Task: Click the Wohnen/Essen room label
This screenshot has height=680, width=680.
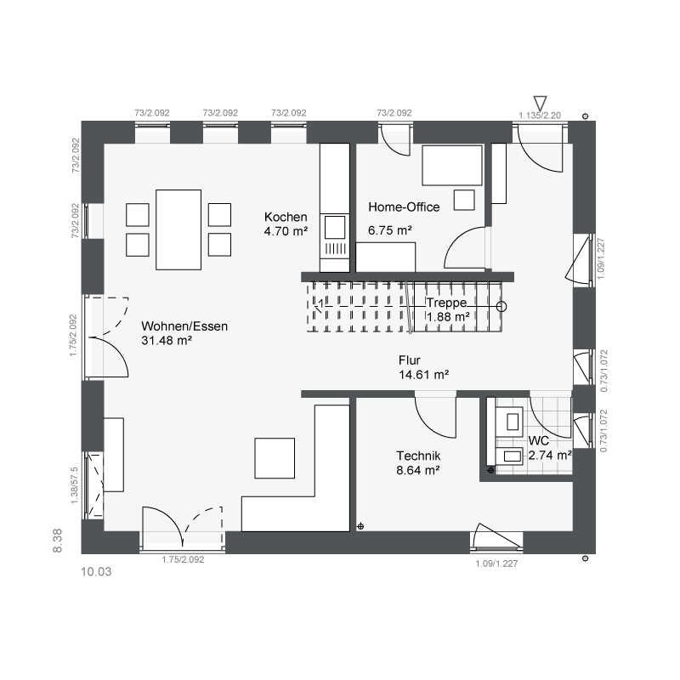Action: (x=184, y=326)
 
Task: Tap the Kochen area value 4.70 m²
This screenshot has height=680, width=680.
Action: (x=286, y=231)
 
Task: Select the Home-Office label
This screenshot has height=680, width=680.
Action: (x=404, y=207)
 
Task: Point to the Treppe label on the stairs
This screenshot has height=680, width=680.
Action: (x=446, y=303)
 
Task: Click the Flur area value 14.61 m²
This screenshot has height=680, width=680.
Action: (x=423, y=375)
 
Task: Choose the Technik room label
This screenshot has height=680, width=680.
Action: (x=418, y=456)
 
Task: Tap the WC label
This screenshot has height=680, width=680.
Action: (x=539, y=440)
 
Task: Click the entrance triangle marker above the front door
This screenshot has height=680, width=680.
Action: (x=540, y=103)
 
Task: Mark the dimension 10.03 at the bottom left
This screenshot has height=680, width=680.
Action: (x=96, y=571)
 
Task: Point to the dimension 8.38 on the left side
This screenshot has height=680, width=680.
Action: (x=57, y=541)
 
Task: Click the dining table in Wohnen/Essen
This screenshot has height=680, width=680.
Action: (x=178, y=229)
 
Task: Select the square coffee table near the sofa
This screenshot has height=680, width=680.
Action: (x=275, y=458)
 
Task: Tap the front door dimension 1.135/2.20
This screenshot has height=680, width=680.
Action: (x=540, y=116)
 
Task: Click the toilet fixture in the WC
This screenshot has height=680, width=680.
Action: (x=509, y=422)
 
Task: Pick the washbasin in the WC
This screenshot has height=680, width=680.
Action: (x=509, y=456)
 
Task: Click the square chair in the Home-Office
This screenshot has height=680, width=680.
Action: (x=464, y=200)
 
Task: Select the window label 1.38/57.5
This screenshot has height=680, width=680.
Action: (x=74, y=485)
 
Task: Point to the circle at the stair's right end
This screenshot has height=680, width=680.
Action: (x=501, y=307)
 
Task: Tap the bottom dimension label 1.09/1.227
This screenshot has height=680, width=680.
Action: (x=496, y=564)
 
